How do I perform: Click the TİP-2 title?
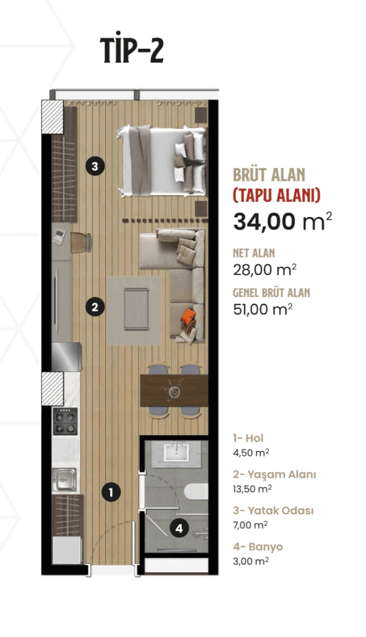click(x=132, y=50)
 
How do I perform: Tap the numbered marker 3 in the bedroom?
click(x=95, y=166)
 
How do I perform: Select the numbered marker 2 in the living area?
click(x=95, y=307)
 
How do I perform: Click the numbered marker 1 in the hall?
click(x=111, y=493)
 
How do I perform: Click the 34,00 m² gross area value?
click(x=282, y=221)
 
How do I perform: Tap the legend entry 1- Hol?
click(x=248, y=438)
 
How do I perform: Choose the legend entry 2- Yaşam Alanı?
click(x=274, y=474)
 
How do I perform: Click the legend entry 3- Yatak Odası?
click(x=273, y=511)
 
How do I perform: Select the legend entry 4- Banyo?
click(x=257, y=547)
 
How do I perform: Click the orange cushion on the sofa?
click(x=188, y=317)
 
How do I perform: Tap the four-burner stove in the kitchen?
click(x=65, y=422)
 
